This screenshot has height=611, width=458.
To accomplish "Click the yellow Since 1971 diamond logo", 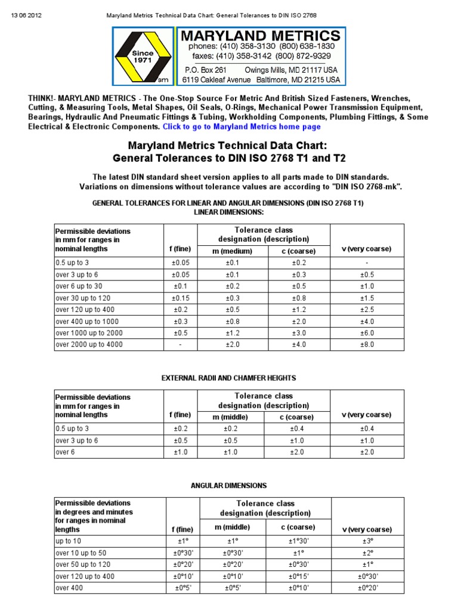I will click(143, 57).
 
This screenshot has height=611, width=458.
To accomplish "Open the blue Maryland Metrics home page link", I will click(242, 126).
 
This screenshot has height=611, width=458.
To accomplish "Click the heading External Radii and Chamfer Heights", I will click(229, 378).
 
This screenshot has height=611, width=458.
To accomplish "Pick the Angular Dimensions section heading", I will click(228, 486).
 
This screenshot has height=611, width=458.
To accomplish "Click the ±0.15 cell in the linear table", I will click(181, 298).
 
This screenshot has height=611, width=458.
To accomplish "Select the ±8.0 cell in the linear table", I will click(367, 345).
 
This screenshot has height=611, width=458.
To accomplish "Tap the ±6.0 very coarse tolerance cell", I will click(367, 333).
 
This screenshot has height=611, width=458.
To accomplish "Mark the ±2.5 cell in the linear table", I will click(367, 310).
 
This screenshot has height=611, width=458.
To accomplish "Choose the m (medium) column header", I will click(232, 251).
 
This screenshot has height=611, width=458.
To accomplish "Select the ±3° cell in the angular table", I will click(367, 541).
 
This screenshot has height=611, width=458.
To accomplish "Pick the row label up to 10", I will click(69, 541).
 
